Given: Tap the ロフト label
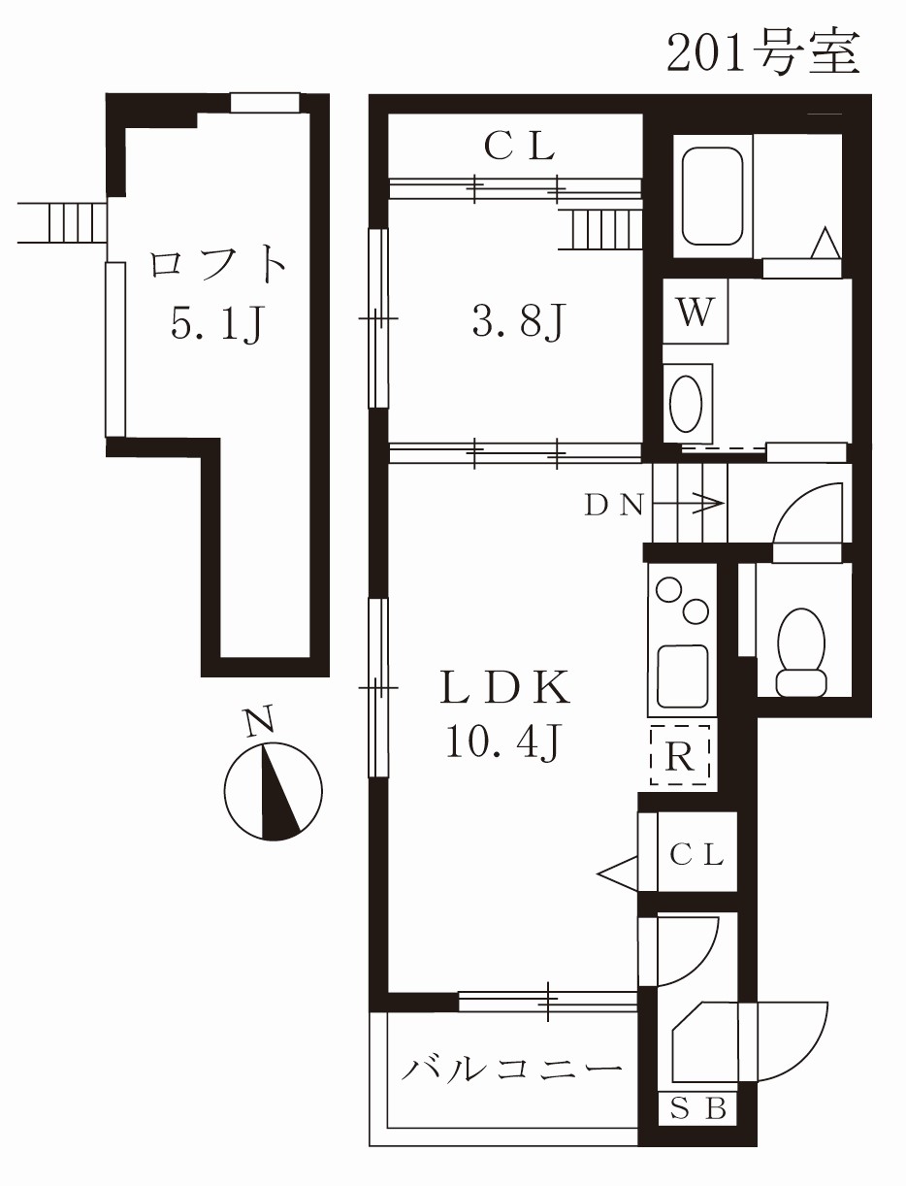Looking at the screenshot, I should tap(218, 265).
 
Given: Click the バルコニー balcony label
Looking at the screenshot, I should tap(512, 1071).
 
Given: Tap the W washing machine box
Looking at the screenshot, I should tap(696, 313).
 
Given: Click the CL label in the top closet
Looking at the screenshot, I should tap(519, 147).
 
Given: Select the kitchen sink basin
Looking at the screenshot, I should tap(683, 671).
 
